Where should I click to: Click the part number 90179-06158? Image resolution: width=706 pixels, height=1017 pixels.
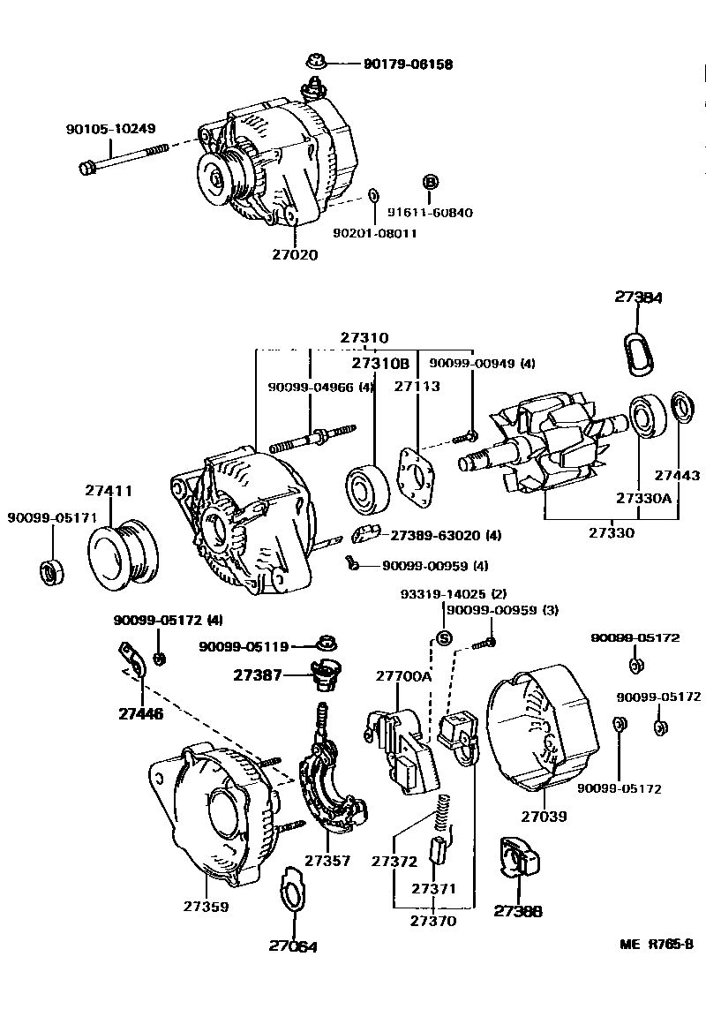[408, 64]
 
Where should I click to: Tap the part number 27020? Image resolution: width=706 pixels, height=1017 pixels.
[295, 255]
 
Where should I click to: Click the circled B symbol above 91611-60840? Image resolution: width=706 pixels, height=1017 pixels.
[431, 182]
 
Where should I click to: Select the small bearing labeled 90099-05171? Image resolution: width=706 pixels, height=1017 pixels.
[49, 570]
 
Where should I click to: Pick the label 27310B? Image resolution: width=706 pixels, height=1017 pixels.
[381, 363]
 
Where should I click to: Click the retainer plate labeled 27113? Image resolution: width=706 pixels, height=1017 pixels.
[416, 477]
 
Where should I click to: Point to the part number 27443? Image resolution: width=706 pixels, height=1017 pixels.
[678, 476]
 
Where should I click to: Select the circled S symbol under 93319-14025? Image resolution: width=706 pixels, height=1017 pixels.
[445, 637]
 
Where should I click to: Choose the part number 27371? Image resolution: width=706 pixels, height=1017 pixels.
[433, 888]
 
